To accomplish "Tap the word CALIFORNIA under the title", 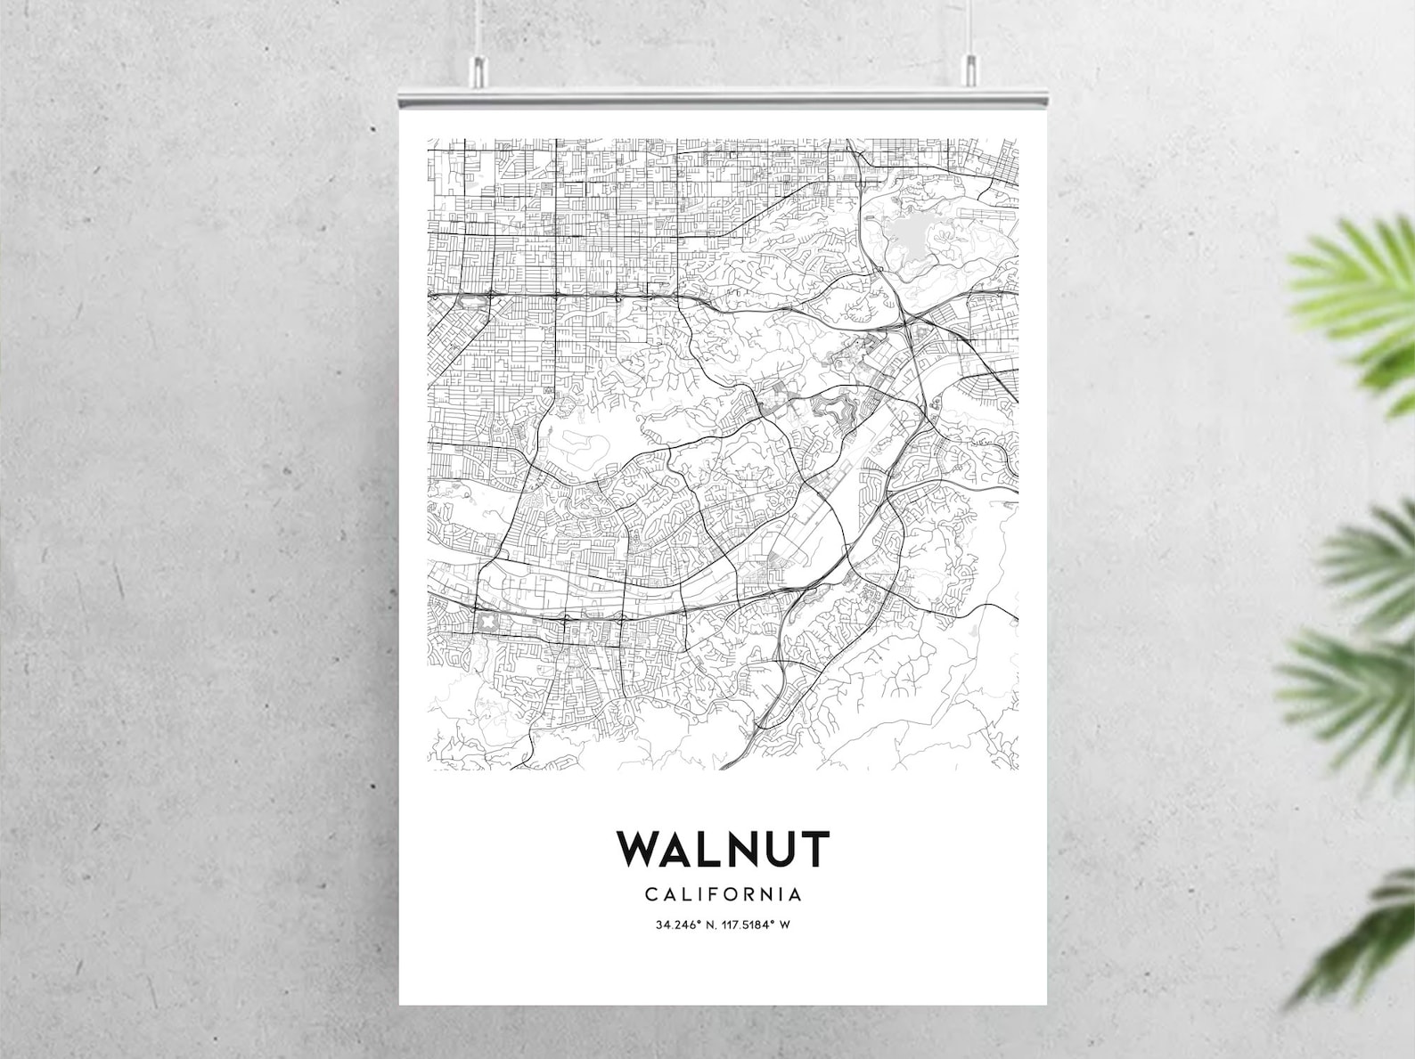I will [723, 893].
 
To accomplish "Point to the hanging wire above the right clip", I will [969, 27].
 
